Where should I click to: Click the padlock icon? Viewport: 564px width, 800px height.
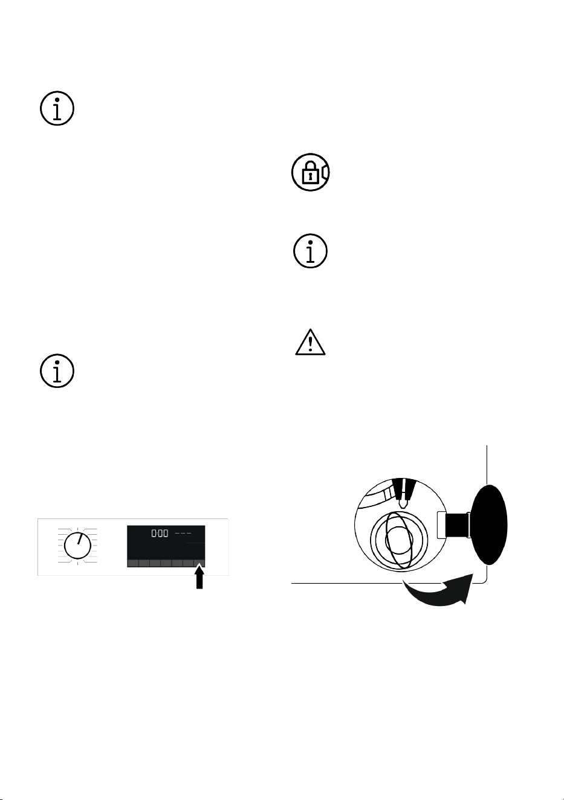coord(310,172)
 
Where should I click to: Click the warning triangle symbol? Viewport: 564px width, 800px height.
coord(310,342)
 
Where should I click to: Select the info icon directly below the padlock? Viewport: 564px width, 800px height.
coord(310,251)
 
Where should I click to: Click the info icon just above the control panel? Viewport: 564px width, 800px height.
coord(57,371)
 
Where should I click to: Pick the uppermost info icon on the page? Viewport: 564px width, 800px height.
coord(57,108)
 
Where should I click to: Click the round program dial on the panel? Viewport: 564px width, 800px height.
coord(77,546)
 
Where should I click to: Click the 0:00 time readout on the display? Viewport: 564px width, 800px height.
coord(160,534)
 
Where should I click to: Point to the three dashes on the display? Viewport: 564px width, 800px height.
coord(183,534)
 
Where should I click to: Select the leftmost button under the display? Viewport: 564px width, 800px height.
coord(132,563)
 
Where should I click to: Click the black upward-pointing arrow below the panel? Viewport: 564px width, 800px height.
coord(200,578)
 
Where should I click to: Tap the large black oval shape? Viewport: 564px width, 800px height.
coord(489,524)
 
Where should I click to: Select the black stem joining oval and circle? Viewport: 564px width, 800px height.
coord(457,524)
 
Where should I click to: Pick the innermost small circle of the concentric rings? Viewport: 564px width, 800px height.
coord(399,540)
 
